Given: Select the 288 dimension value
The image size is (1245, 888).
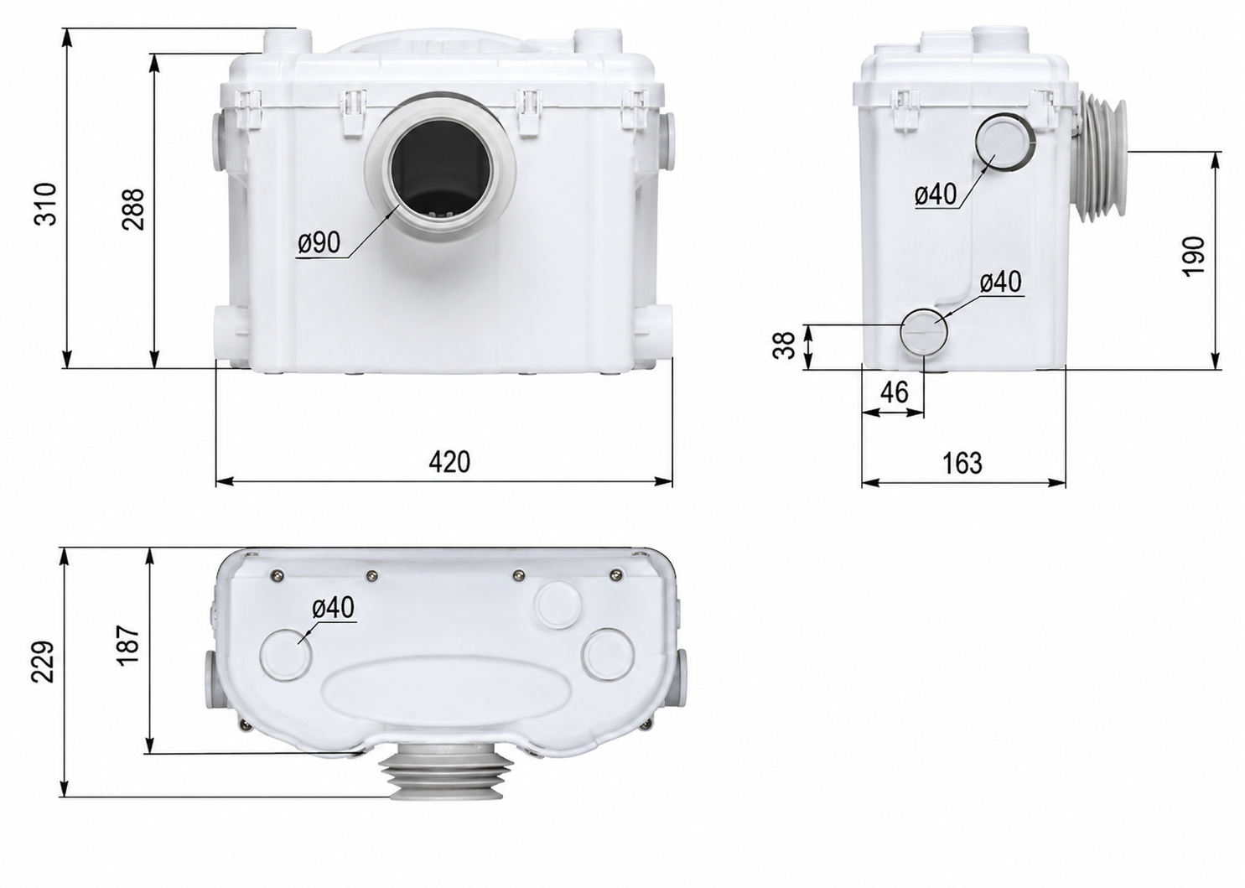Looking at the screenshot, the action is (x=133, y=210).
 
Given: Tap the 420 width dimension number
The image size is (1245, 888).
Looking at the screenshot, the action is (x=449, y=461).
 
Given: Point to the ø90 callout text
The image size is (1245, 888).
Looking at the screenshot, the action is (x=319, y=243).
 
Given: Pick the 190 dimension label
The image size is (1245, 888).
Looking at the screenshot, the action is (x=1193, y=256).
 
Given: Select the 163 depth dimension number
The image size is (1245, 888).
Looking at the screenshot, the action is (x=962, y=463).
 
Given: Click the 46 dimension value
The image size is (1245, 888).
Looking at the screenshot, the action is (x=895, y=392).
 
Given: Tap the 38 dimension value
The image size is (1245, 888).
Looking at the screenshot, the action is (x=784, y=345).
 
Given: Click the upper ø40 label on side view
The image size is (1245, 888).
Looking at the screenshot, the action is (x=936, y=194).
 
